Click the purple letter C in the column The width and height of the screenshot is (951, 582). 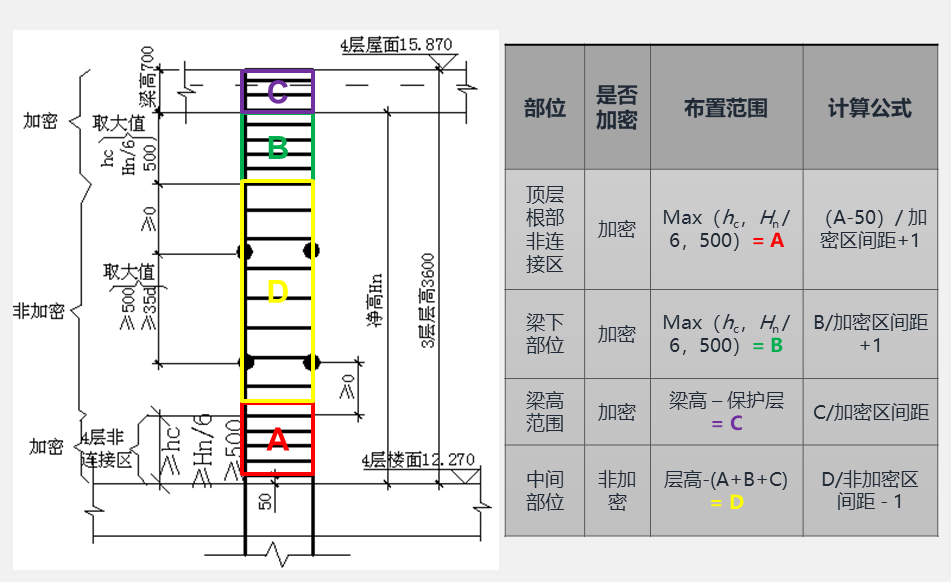278,91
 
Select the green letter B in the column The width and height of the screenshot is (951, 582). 278,148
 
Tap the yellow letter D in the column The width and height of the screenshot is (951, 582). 278,292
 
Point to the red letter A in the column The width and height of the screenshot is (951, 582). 278,439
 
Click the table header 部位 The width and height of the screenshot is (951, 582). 545,108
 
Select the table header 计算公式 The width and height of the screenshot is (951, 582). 869,108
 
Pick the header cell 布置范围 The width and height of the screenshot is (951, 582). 726,108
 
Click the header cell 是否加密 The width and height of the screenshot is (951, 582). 617,108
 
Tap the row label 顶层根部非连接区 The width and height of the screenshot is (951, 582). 545,229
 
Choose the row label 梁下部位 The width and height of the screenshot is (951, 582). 545,334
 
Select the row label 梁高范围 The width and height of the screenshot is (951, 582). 545,411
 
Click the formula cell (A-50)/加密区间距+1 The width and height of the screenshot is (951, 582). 869,229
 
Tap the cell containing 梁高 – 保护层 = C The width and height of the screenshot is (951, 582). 726,411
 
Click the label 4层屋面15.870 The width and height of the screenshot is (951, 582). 396,45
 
